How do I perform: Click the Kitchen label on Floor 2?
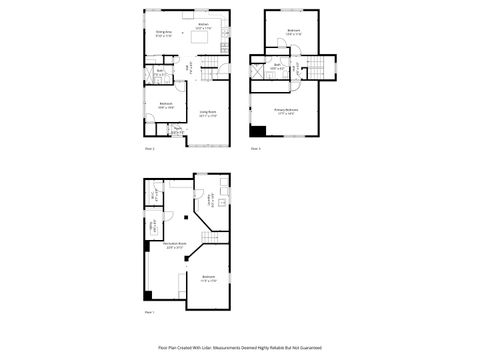[203, 24]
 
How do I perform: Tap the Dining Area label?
[164, 34]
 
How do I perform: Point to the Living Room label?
[208, 113]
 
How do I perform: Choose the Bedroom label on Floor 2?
[165, 103]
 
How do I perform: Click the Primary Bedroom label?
[287, 111]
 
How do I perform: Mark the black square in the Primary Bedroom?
[259, 130]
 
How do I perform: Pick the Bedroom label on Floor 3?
[294, 31]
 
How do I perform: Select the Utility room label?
[156, 226]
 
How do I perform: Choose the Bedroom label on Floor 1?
[208, 277]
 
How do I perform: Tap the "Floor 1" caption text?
[149, 313]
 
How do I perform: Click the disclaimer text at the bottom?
[240, 347]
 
